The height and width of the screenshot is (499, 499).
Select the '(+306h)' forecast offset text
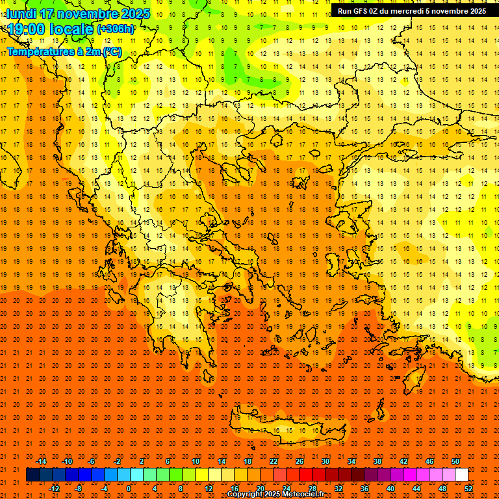(x=116, y=29)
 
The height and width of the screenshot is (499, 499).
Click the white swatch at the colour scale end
(x=461, y=475)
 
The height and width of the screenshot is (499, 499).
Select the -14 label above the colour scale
(x=41, y=461)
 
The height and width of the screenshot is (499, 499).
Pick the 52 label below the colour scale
(x=468, y=489)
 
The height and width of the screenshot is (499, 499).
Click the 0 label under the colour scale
(x=128, y=489)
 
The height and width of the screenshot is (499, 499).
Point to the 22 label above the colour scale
(x=274, y=461)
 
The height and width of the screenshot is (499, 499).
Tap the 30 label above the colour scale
(x=326, y=461)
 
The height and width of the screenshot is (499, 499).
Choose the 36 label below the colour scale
(x=365, y=489)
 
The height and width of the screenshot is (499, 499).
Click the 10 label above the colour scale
(x=196, y=461)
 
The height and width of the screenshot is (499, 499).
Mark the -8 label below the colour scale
(x=78, y=489)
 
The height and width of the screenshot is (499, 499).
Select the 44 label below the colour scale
(x=416, y=489)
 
